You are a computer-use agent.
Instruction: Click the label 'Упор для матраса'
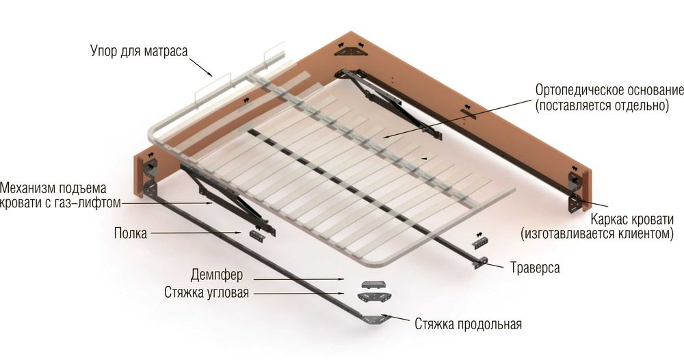pyautogui.click(x=138, y=51)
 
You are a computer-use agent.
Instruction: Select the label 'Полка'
pyautogui.click(x=131, y=233)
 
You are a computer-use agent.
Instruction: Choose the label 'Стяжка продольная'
pyautogui.click(x=468, y=323)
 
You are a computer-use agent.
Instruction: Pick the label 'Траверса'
pyautogui.click(x=535, y=268)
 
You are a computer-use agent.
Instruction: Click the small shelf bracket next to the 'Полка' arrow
pyautogui.click(x=256, y=235)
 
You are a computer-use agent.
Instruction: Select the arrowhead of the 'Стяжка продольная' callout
pyautogui.click(x=384, y=317)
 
